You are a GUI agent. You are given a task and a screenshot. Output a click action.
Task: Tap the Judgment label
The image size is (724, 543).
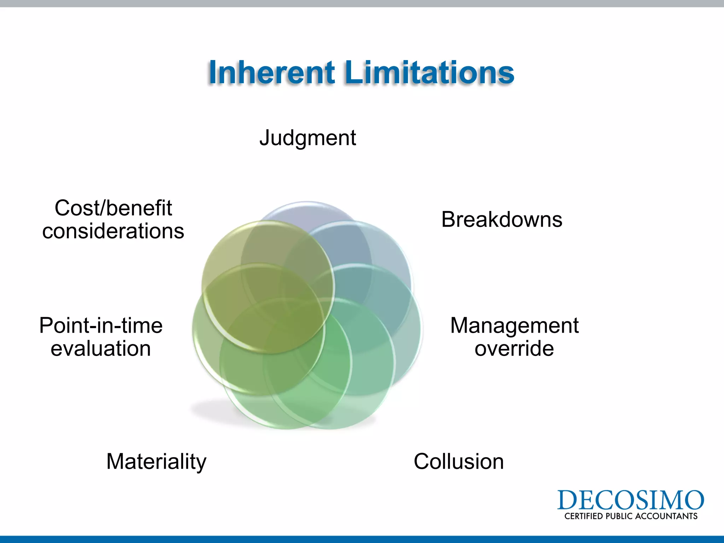coord(308,138)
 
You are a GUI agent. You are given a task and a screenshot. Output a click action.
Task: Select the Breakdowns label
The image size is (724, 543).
coord(502,220)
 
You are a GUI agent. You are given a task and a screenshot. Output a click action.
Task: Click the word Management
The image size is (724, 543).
coord(514,326)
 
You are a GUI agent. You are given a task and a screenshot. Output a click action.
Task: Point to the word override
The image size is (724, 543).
coord(514,349)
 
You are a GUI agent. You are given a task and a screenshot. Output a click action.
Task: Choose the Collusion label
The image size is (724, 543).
coord(459,462)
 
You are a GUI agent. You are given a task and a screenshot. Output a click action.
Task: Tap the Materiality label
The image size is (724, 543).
coord(156,462)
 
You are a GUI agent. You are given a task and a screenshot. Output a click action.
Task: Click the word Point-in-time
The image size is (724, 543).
coord(101,326)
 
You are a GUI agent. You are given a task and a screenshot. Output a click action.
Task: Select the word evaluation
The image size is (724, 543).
coord(101,349)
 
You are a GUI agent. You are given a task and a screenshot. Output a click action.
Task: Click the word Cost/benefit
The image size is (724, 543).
coord(113,208)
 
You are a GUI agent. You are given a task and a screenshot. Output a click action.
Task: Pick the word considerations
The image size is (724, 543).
coord(113,231)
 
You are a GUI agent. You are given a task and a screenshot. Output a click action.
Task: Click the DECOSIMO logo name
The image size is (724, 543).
coord(630,500)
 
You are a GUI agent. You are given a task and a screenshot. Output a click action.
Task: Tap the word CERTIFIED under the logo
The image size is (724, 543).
coord(583,516)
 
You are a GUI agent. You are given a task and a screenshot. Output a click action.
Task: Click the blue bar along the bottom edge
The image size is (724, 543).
coord(362,539)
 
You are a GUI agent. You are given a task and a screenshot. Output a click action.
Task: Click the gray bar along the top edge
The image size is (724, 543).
coord(362,4)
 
